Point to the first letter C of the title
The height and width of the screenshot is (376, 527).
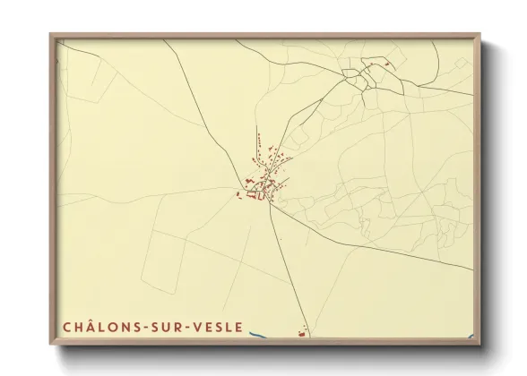click(x=67, y=328)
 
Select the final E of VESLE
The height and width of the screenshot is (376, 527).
click(x=238, y=328)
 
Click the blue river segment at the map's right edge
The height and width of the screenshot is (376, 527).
click(x=471, y=338)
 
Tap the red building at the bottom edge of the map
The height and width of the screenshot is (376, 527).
click(x=301, y=335)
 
